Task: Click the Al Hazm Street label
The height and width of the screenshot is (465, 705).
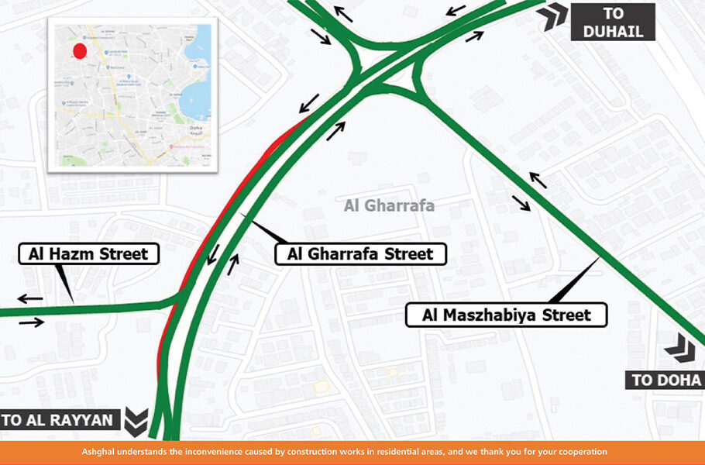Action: tap(88, 253)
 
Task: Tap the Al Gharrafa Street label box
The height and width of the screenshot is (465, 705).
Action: tap(360, 253)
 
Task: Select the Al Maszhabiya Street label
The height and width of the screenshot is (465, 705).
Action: tap(507, 315)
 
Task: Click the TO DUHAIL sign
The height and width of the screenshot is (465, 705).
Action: tap(613, 22)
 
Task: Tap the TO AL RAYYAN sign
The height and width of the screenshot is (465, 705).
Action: tap(58, 421)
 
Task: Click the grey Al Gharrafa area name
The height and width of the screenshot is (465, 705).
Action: tap(389, 206)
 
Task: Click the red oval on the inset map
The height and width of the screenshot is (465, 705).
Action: tap(79, 51)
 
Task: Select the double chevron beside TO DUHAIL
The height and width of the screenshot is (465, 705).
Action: tap(555, 15)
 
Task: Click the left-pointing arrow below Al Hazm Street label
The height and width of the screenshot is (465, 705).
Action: tap(31, 298)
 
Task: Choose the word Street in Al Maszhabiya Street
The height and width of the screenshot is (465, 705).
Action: tap(565, 315)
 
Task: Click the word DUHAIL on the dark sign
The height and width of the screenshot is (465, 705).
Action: tap(613, 31)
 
